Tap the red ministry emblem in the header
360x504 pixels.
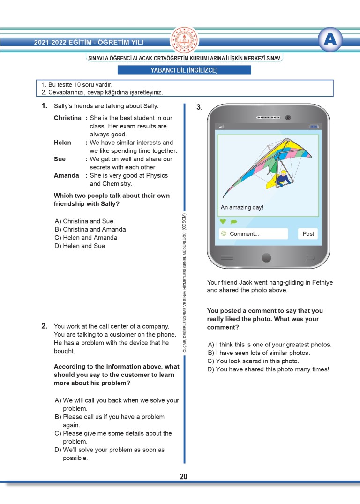click(184, 40)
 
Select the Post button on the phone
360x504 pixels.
click(308, 233)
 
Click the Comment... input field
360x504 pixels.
click(254, 233)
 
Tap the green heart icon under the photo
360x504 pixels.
click(223, 221)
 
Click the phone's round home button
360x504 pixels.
click(266, 257)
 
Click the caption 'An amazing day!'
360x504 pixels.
click(242, 207)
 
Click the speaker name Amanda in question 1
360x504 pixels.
click(66, 175)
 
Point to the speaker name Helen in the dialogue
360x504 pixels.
click(62, 143)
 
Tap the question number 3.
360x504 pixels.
click(199, 107)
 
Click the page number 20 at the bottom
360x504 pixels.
click(183, 476)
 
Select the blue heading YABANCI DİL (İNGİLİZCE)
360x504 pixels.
click(184, 70)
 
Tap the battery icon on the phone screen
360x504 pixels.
click(314, 127)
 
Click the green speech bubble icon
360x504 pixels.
click(233, 222)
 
